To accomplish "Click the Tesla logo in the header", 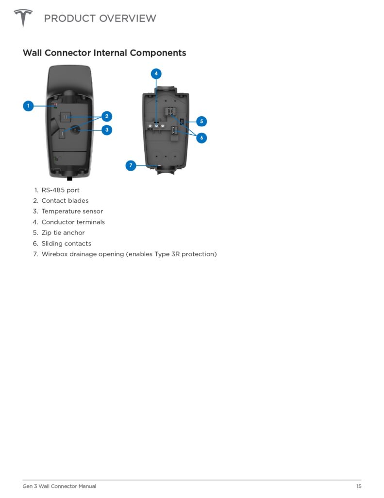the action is coord(23,18).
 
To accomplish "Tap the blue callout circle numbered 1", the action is coord(29,106).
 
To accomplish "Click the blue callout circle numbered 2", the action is coord(107,116).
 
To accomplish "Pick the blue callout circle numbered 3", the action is coord(107,129).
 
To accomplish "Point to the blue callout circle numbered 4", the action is coord(156,74).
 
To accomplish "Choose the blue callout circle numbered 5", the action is coord(201,121).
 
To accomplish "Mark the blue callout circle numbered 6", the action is coord(201,138).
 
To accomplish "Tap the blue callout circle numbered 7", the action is coord(131,165).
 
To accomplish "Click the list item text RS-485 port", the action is coord(61,190).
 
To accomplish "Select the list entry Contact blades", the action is coord(65,201).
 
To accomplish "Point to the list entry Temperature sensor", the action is coord(72,211).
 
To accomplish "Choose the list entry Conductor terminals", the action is coord(73,222).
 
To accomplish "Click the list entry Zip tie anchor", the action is coord(63,233).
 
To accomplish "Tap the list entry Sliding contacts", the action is coord(67,243).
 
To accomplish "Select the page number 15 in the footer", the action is coord(359,486).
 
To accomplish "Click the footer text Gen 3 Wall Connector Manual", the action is coord(59,486).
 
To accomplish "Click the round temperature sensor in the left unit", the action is coord(75,129).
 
